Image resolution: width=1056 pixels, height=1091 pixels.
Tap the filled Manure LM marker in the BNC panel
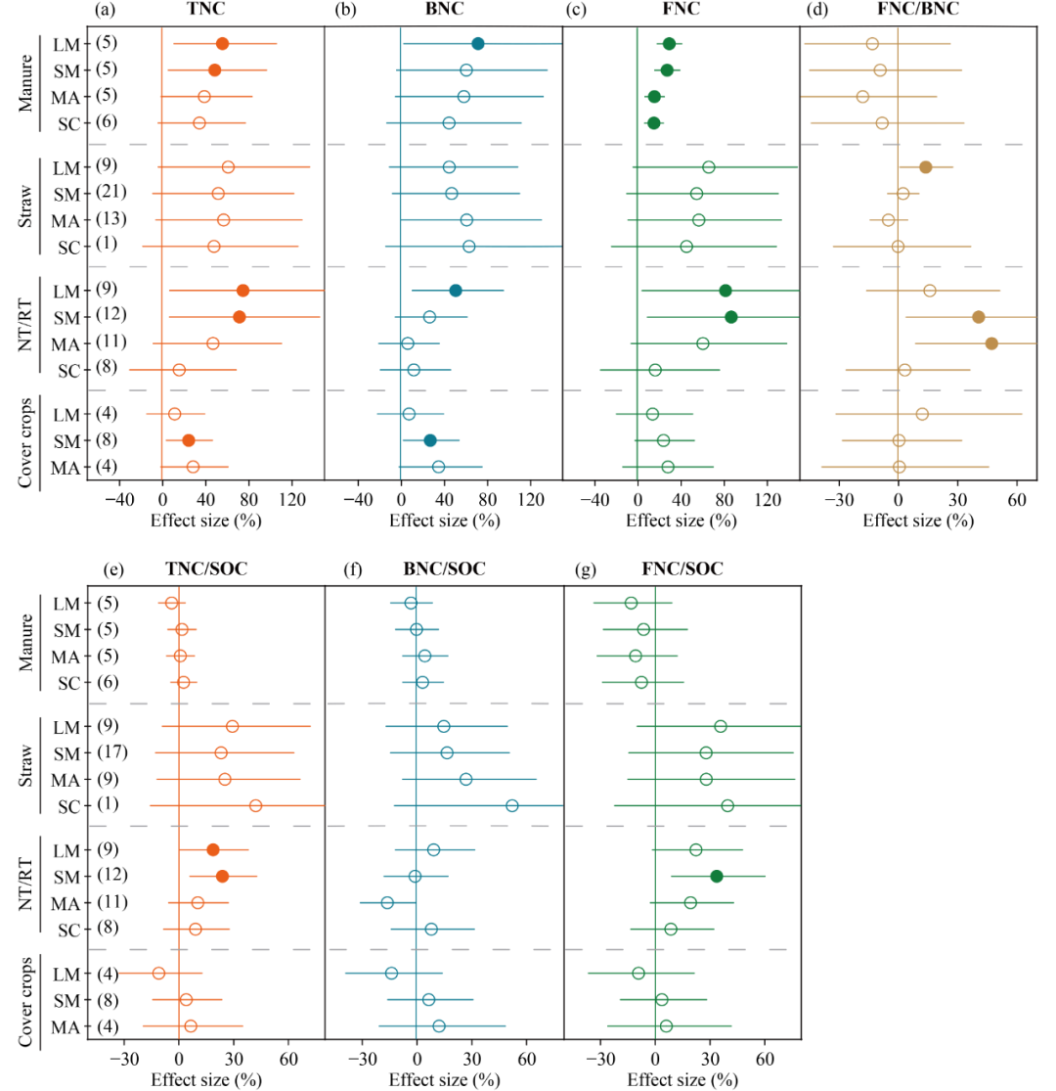pos(477,44)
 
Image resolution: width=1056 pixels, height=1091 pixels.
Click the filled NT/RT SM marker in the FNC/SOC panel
pos(716,877)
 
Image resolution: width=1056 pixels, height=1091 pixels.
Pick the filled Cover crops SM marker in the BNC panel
pos(430,440)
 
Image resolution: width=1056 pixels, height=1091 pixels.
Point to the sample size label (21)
pos(111,193)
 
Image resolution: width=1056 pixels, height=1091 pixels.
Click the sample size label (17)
pos(111,752)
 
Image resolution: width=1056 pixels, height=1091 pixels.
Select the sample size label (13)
pos(111,219)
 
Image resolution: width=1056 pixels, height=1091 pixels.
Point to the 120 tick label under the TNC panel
pos(290,499)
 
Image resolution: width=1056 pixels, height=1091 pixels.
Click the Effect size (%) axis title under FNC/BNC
pos(917,520)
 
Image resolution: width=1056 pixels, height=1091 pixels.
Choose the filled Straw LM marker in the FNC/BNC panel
pos(925,167)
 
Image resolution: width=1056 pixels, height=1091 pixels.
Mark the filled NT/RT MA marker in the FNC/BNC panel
pos(991,343)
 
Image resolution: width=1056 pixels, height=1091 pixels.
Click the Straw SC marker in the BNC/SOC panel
pos(511,805)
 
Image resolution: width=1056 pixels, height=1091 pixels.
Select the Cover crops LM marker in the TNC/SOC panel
pos(158,973)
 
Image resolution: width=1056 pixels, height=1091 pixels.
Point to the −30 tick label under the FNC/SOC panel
pos(598,1059)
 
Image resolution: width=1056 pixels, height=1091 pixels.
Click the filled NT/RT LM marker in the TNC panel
pos(242,290)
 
